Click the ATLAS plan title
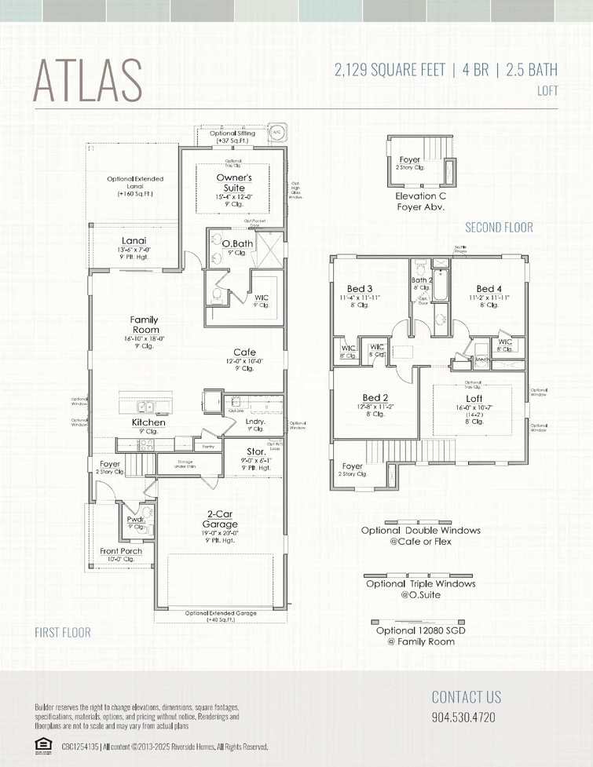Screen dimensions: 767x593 [x=88, y=79]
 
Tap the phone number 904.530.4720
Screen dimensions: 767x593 [x=463, y=718]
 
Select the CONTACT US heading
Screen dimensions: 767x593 [x=466, y=696]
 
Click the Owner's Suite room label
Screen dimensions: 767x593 [x=234, y=183]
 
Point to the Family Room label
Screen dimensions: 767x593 [x=144, y=325]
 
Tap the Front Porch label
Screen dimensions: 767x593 [x=121, y=551]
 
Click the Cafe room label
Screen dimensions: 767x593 [x=244, y=352]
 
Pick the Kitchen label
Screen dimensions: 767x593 [x=148, y=422]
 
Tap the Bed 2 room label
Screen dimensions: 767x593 [x=375, y=398]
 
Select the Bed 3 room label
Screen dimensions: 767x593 [x=360, y=289]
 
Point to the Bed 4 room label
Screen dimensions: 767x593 [x=489, y=289]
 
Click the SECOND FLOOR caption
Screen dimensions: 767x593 [x=499, y=228]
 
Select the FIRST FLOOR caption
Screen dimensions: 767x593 [x=63, y=632]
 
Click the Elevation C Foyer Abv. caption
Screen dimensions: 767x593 [x=420, y=202]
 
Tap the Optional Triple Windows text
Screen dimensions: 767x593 [x=420, y=583]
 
